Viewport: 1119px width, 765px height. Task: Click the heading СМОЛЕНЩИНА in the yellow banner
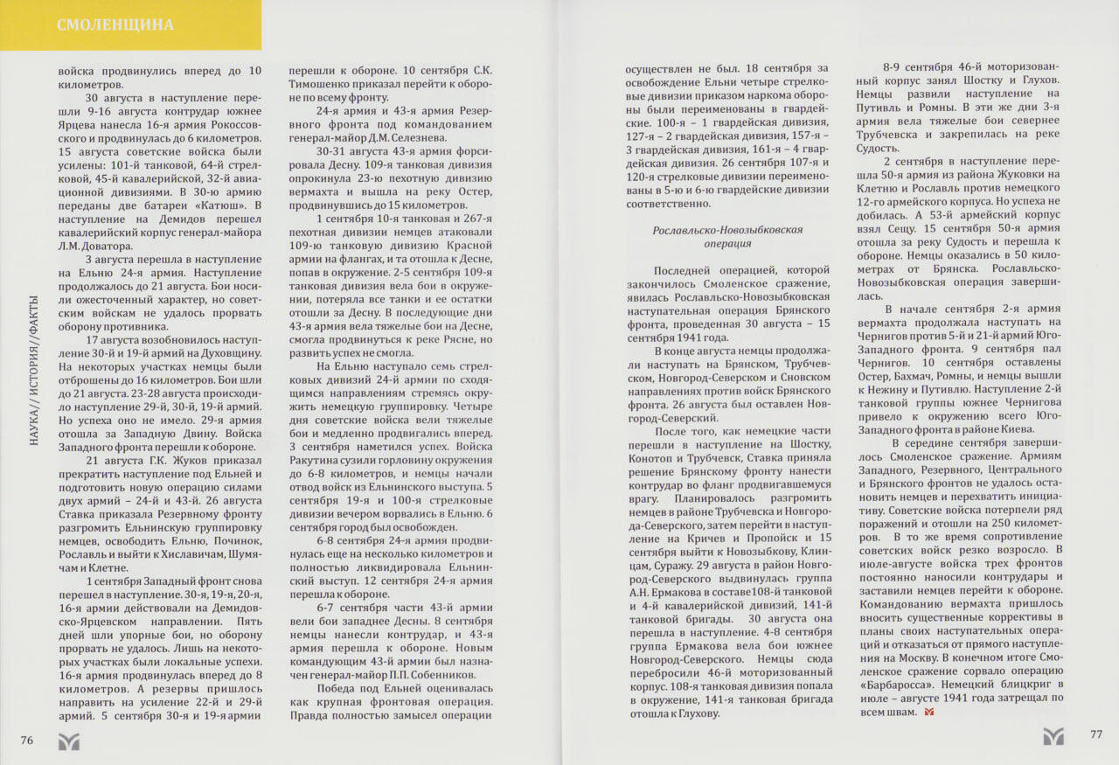coord(115,24)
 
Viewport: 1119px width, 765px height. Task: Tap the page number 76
coord(27,741)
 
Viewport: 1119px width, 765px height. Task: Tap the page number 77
coord(1096,734)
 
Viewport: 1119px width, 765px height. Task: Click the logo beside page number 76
coord(68,741)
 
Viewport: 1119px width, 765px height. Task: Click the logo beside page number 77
coord(1053,735)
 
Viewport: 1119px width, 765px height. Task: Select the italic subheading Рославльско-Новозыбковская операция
coord(727,237)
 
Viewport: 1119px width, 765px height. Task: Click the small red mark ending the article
coord(928,713)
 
